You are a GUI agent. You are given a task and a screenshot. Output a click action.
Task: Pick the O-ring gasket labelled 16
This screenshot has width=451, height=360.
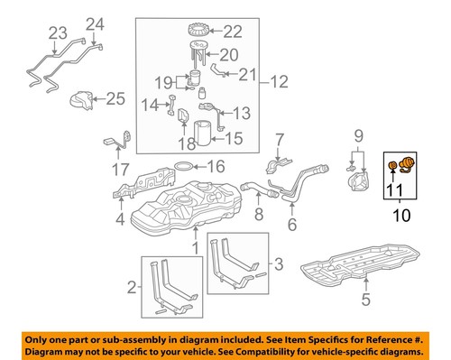click(184, 167)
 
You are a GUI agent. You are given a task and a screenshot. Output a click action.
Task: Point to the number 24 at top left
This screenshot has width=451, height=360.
click(97, 23)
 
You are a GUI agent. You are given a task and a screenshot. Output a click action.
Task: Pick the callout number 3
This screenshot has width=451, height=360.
click(278, 263)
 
